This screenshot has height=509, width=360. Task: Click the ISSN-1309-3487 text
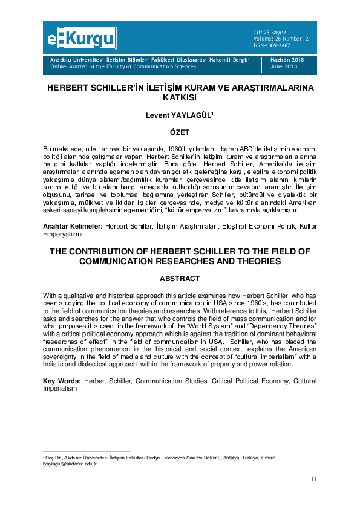tap(272, 45)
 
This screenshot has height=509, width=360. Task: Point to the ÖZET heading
tap(180, 132)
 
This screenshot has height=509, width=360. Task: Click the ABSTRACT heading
tap(180, 279)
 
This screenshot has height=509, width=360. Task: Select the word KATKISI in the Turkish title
tap(180, 97)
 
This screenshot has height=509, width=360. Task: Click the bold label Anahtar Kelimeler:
tap(73, 225)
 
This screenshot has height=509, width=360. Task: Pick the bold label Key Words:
tap(62, 381)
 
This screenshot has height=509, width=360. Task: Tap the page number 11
tap(313, 479)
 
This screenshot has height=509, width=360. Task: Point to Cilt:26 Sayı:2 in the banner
tap(270, 31)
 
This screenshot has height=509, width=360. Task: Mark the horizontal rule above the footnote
tap(87, 452)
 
